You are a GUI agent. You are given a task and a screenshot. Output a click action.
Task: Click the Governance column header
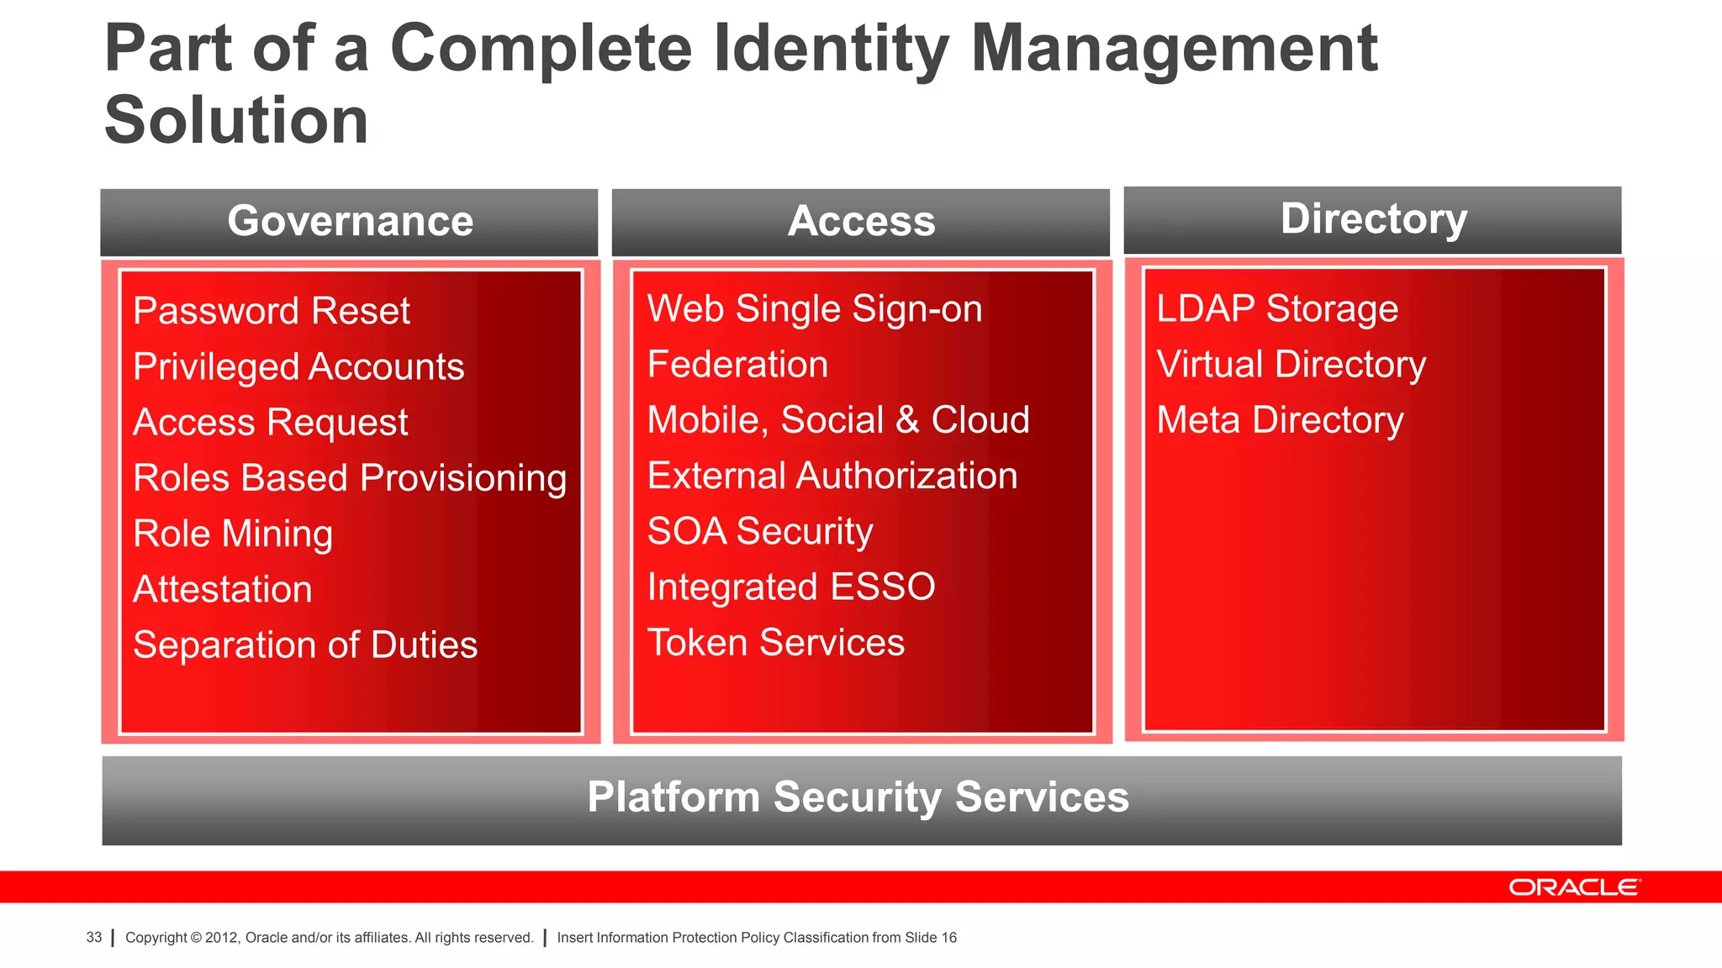(350, 222)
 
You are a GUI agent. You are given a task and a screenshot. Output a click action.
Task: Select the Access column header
(861, 222)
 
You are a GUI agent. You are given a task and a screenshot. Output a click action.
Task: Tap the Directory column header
(1373, 219)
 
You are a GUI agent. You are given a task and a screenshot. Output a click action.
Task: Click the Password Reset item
(272, 311)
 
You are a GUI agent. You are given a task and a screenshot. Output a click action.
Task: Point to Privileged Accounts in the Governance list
(298, 367)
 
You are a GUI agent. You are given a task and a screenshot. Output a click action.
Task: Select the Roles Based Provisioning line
(350, 478)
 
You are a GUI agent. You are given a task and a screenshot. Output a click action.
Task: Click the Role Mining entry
(233, 534)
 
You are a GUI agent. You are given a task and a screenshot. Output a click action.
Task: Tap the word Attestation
(223, 589)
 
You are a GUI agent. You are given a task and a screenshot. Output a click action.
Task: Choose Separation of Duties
(305, 645)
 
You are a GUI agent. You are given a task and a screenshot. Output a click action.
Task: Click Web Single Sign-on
(814, 308)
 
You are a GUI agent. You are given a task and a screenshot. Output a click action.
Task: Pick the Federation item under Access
(737, 365)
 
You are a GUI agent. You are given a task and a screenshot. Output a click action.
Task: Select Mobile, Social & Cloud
(837, 420)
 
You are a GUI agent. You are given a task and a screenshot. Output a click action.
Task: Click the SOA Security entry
(760, 531)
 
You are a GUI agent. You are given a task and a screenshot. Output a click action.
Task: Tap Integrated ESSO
(790, 587)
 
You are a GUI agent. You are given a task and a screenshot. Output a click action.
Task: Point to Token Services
(775, 643)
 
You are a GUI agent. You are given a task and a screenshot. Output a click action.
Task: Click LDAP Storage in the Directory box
(1276, 308)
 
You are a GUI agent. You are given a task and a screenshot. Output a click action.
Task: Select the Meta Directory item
(1280, 420)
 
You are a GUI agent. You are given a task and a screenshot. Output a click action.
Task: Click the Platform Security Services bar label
(858, 797)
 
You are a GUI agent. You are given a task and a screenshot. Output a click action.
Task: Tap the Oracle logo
(1573, 887)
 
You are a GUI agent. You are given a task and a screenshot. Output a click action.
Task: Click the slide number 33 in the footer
(94, 937)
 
